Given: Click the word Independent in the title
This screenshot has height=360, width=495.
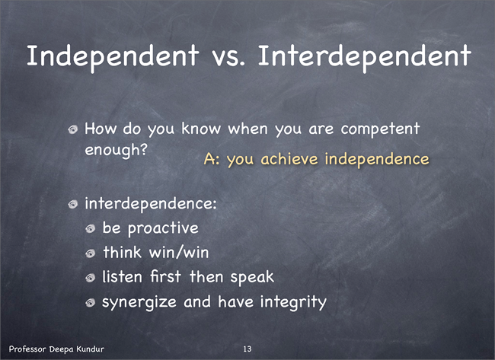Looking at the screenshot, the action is coord(113,57).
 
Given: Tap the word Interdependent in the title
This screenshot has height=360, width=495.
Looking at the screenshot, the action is coord(365,57).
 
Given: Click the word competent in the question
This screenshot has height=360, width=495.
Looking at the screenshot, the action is coord(380,129).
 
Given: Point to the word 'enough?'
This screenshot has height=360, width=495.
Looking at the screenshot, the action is coord(117,151).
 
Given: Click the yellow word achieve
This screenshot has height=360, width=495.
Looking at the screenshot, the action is coord(289,159).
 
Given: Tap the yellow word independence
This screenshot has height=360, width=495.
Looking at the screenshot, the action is coord(377,159).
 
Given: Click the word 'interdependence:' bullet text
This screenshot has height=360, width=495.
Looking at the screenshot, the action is coord(151,204).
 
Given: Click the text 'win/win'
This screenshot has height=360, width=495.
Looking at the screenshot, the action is coord(179,253).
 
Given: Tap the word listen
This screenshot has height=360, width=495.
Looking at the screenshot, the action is coord(122,277).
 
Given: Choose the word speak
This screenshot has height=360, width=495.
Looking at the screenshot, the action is coord(252,278).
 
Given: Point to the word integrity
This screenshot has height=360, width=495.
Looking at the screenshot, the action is coord(293,302).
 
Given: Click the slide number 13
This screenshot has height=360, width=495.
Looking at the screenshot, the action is coord(247,349).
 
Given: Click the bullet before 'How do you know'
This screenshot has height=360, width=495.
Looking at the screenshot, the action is coord(73,129).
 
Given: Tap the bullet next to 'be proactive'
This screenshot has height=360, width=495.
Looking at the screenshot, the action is coord(91,229).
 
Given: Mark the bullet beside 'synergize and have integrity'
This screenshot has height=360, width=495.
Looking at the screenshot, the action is coord(91,303).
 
